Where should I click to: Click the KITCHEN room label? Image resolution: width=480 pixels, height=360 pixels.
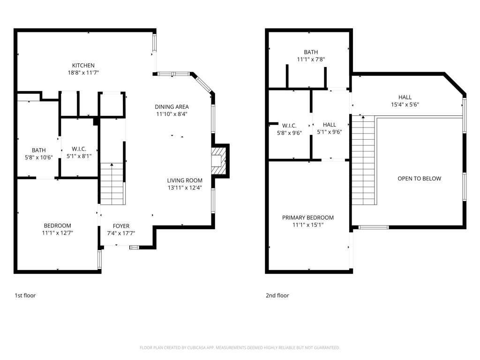pyautogui.click(x=83, y=65)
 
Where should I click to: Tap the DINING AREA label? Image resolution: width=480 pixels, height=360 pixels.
pyautogui.click(x=172, y=106)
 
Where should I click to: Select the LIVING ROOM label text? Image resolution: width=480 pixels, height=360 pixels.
pyautogui.click(x=185, y=180)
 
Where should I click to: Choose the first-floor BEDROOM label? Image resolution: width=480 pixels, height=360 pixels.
pyautogui.click(x=58, y=225)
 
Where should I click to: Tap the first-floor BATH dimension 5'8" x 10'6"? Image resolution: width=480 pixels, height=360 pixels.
pyautogui.click(x=38, y=157)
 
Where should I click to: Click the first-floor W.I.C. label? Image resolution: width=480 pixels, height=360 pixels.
pyautogui.click(x=79, y=149)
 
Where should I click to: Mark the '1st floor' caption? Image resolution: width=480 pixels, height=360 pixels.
pyautogui.click(x=25, y=295)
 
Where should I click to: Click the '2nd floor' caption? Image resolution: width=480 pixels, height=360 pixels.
pyautogui.click(x=277, y=295)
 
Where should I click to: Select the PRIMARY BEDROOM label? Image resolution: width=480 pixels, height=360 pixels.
pyautogui.click(x=308, y=217)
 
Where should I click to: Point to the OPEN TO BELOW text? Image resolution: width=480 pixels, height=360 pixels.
pyautogui.click(x=419, y=179)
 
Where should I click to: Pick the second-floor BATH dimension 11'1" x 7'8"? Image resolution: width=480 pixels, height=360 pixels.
pyautogui.click(x=311, y=60)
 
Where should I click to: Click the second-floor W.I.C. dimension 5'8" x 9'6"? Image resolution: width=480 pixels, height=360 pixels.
pyautogui.click(x=289, y=133)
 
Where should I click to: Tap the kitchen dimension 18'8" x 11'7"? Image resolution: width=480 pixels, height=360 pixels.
pyautogui.click(x=83, y=73)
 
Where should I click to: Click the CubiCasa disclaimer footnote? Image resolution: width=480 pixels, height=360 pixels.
pyautogui.click(x=240, y=347)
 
